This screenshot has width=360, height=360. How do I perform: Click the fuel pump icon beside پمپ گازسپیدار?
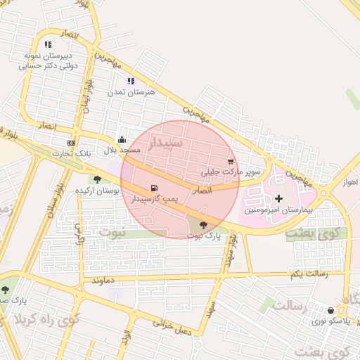[x=154, y=188]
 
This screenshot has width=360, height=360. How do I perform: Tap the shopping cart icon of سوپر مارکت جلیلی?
[x=231, y=162]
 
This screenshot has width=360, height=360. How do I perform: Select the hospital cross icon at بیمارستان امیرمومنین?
[x=278, y=199]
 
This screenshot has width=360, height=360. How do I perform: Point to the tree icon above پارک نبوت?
[x=204, y=226]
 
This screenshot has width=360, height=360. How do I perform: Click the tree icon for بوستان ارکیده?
[x=96, y=180]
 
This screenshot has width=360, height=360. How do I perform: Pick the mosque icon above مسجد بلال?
[x=122, y=139]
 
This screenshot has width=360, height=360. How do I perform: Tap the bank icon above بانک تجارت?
[x=71, y=143]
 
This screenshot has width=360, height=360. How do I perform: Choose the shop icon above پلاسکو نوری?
[x=330, y=310]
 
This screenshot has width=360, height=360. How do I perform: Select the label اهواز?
[x=351, y=182]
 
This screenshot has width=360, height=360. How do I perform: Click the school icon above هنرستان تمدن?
[x=130, y=82]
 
